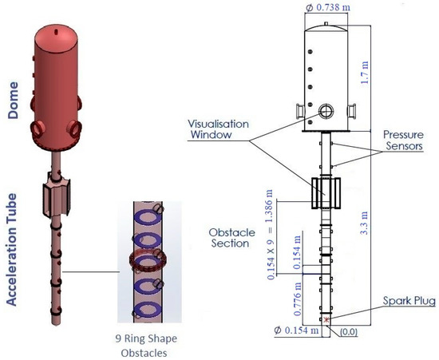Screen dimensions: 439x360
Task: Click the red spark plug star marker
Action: point(326,319)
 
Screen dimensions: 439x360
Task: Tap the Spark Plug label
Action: point(409,301)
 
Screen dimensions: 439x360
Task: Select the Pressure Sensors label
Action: point(403,140)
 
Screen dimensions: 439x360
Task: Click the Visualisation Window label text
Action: point(218,129)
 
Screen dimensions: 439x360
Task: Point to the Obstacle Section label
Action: point(231,238)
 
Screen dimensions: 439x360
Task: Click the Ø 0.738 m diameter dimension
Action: point(328,7)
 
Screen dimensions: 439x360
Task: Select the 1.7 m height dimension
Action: point(364,72)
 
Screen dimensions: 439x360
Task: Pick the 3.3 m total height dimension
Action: point(364,223)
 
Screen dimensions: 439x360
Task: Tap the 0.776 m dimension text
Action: point(298,299)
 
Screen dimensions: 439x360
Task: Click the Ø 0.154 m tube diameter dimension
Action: point(296,330)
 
